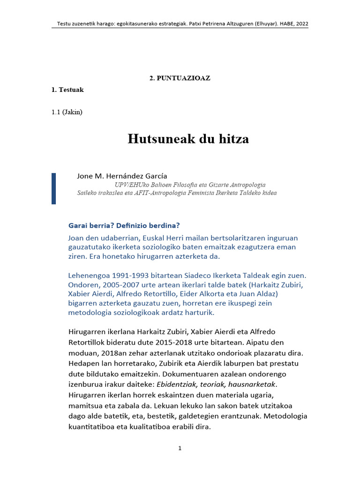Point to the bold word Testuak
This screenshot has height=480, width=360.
click(71, 90)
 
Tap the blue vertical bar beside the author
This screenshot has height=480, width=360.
click(53, 188)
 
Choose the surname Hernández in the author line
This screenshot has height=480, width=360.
click(126, 176)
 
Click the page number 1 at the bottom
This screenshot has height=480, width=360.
click(180, 449)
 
